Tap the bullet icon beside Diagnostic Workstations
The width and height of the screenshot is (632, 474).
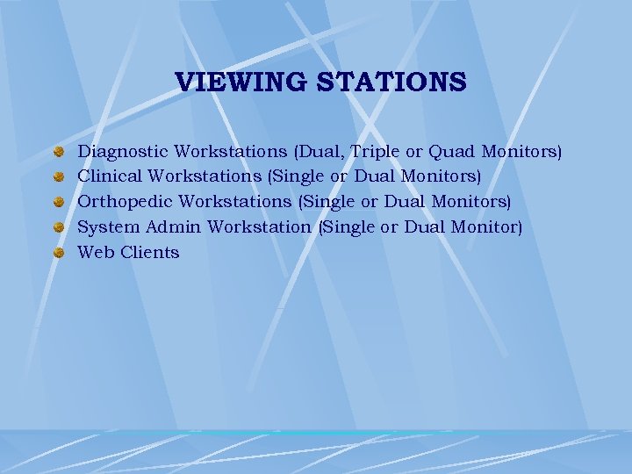click(58, 151)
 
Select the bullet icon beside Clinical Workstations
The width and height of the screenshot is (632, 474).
click(58, 176)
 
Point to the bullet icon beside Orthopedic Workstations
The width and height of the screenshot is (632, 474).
click(58, 202)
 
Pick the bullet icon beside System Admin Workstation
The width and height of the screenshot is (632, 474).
click(58, 227)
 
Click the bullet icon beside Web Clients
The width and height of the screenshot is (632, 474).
click(58, 253)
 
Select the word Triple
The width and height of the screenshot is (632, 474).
click(377, 151)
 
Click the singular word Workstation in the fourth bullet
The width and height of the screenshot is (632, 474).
click(259, 227)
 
